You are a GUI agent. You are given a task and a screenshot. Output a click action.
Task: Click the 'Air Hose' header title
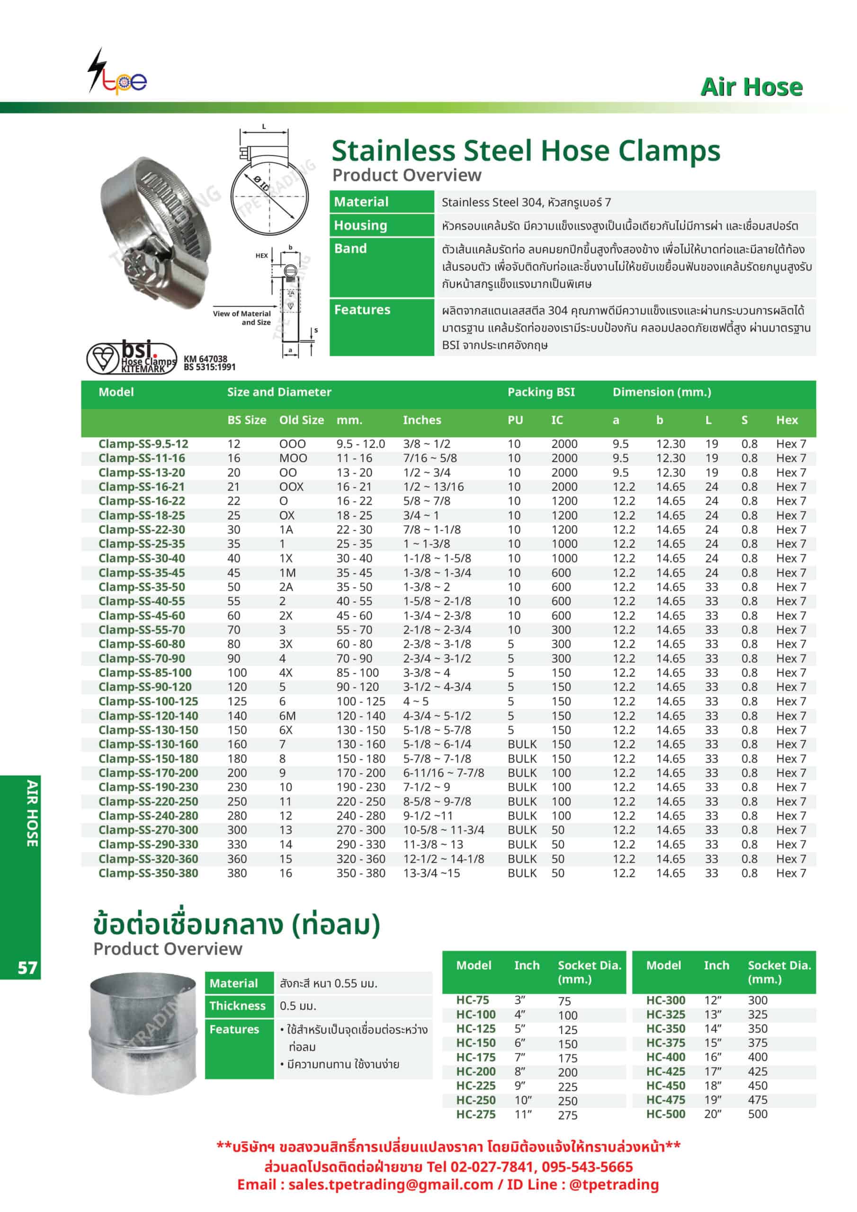pyautogui.click(x=751, y=87)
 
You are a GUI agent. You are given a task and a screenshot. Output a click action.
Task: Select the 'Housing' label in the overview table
pyautogui.click(x=361, y=225)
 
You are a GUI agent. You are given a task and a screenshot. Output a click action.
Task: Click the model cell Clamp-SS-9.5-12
pyautogui.click(x=143, y=444)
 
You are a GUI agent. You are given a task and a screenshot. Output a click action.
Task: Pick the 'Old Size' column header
pyautogui.click(x=301, y=420)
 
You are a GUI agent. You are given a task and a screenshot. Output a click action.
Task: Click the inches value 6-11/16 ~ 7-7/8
pyautogui.click(x=443, y=773)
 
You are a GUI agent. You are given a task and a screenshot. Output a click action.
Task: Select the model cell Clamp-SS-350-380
pyautogui.click(x=148, y=873)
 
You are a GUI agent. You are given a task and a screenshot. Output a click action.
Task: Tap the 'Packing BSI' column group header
pyautogui.click(x=541, y=392)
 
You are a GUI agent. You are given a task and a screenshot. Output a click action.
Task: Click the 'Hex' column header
pyautogui.click(x=786, y=420)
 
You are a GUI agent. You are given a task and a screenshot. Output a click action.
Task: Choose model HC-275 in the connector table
pyautogui.click(x=476, y=1114)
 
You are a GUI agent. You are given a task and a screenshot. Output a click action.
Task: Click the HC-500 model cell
pyautogui.click(x=665, y=1114)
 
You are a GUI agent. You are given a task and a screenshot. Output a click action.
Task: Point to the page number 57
pyautogui.click(x=27, y=968)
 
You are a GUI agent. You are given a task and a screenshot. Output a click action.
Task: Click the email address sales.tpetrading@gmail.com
pyautogui.click(x=391, y=1185)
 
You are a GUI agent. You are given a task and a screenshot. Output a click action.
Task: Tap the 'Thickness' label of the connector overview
pyautogui.click(x=237, y=1006)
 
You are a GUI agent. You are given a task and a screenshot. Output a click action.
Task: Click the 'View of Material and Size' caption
pyautogui.click(x=242, y=318)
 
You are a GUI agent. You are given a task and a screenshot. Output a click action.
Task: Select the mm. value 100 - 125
pyautogui.click(x=361, y=702)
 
